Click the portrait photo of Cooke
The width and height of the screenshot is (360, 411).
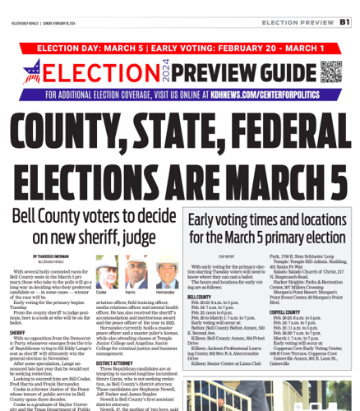103,272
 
